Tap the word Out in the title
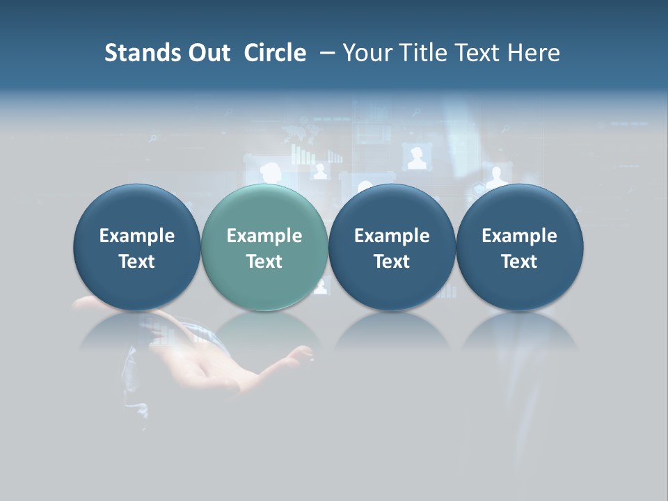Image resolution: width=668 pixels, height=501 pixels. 207,53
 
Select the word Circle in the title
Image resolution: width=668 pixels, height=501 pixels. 275,53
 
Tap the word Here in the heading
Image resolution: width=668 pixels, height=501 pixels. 534,53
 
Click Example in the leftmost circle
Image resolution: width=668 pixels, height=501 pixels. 136,236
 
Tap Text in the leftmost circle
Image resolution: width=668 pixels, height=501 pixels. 136,262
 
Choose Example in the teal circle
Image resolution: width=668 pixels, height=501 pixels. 264,236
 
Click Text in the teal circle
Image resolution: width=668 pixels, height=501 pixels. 264,262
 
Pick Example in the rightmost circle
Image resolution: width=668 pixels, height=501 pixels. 519,236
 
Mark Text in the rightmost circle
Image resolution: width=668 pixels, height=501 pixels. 519,262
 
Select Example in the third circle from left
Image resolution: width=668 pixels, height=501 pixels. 392,236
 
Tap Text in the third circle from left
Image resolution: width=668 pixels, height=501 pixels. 392,262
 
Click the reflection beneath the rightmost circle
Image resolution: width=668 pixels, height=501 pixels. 519,330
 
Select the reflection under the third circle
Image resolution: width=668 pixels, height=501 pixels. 392,330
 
